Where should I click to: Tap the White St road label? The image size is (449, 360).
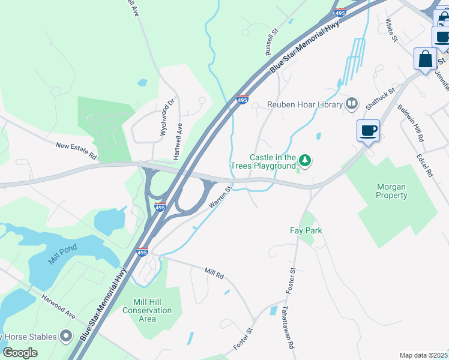click(x=391, y=31)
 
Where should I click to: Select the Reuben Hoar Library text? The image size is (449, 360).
click(x=305, y=104)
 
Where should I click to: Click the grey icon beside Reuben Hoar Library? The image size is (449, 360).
click(x=352, y=104)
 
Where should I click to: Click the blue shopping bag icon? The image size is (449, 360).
click(x=425, y=61)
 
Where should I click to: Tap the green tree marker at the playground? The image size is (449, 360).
click(x=306, y=160)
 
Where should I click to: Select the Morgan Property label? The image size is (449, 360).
click(x=391, y=191)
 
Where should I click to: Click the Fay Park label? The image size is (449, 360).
click(x=306, y=230)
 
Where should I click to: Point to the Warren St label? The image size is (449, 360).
click(x=220, y=197)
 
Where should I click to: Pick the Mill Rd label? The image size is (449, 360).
click(x=214, y=274)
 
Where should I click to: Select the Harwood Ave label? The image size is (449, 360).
click(x=58, y=306)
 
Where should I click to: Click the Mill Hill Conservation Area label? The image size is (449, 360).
click(x=147, y=310)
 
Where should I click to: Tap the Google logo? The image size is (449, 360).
click(x=20, y=353)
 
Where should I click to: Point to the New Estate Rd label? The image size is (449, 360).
click(x=76, y=150)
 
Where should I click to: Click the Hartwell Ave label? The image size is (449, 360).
click(x=178, y=142)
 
